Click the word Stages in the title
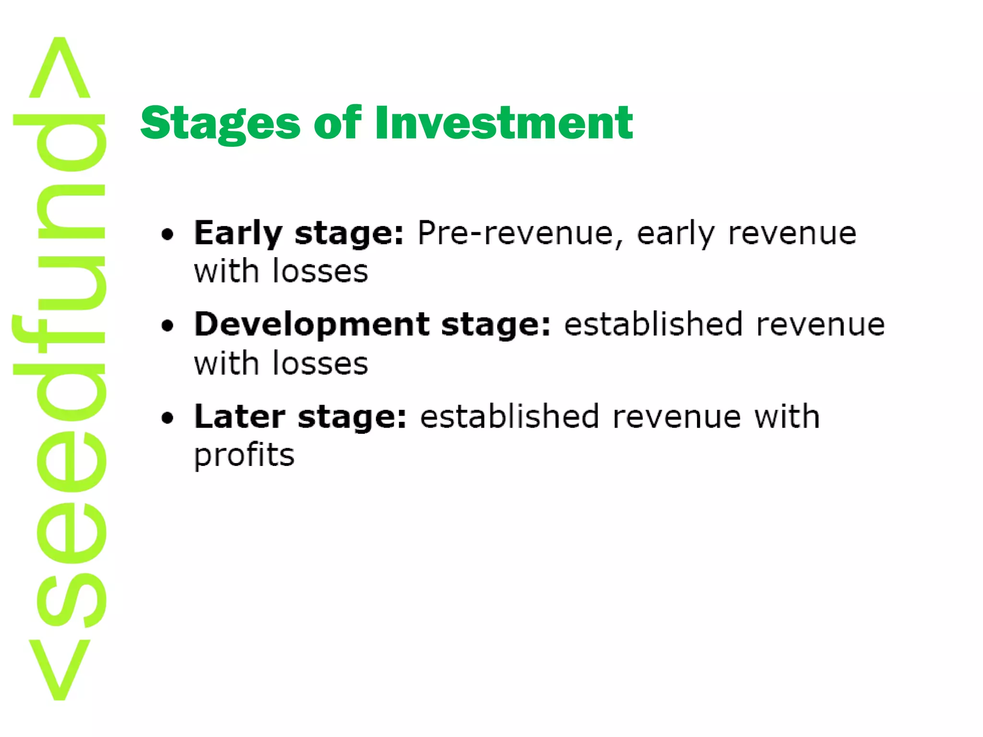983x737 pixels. coord(220,123)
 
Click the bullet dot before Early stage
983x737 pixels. coord(167,235)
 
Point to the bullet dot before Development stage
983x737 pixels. coord(167,326)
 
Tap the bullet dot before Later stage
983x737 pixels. coord(167,418)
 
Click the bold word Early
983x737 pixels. coord(238,234)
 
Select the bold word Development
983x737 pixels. coord(312,325)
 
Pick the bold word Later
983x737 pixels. coord(240,416)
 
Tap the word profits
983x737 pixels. coord(244,455)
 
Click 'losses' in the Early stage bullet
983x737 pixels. coord(320,272)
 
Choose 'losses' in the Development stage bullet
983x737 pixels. coord(320,363)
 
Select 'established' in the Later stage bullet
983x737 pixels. coord(509,416)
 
